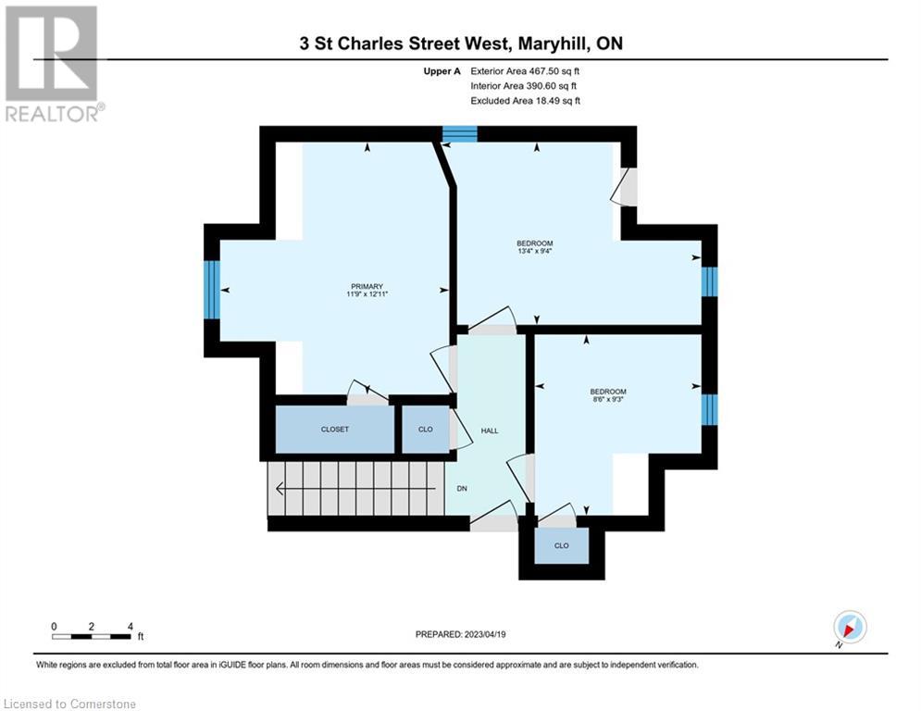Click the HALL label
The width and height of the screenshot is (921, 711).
pos(489,430)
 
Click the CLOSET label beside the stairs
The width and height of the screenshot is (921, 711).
pos(334,430)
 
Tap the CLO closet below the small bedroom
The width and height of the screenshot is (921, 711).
pos(561,546)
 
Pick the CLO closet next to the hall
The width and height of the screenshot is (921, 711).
pos(425,430)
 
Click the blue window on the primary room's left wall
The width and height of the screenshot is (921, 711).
pos(212,289)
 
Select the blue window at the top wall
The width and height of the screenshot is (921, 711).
pos(459,134)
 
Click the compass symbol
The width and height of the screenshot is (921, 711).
pos(849,627)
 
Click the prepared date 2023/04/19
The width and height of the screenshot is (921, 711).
pos(460,634)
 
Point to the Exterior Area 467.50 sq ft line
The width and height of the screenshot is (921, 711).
pos(525,70)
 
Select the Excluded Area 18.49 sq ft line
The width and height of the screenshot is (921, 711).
pos(525,101)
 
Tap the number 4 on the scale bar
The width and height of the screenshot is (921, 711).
pos(131,627)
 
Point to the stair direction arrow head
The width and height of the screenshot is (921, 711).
pos(278,489)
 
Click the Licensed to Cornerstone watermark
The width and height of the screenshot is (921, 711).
pos(69,705)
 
